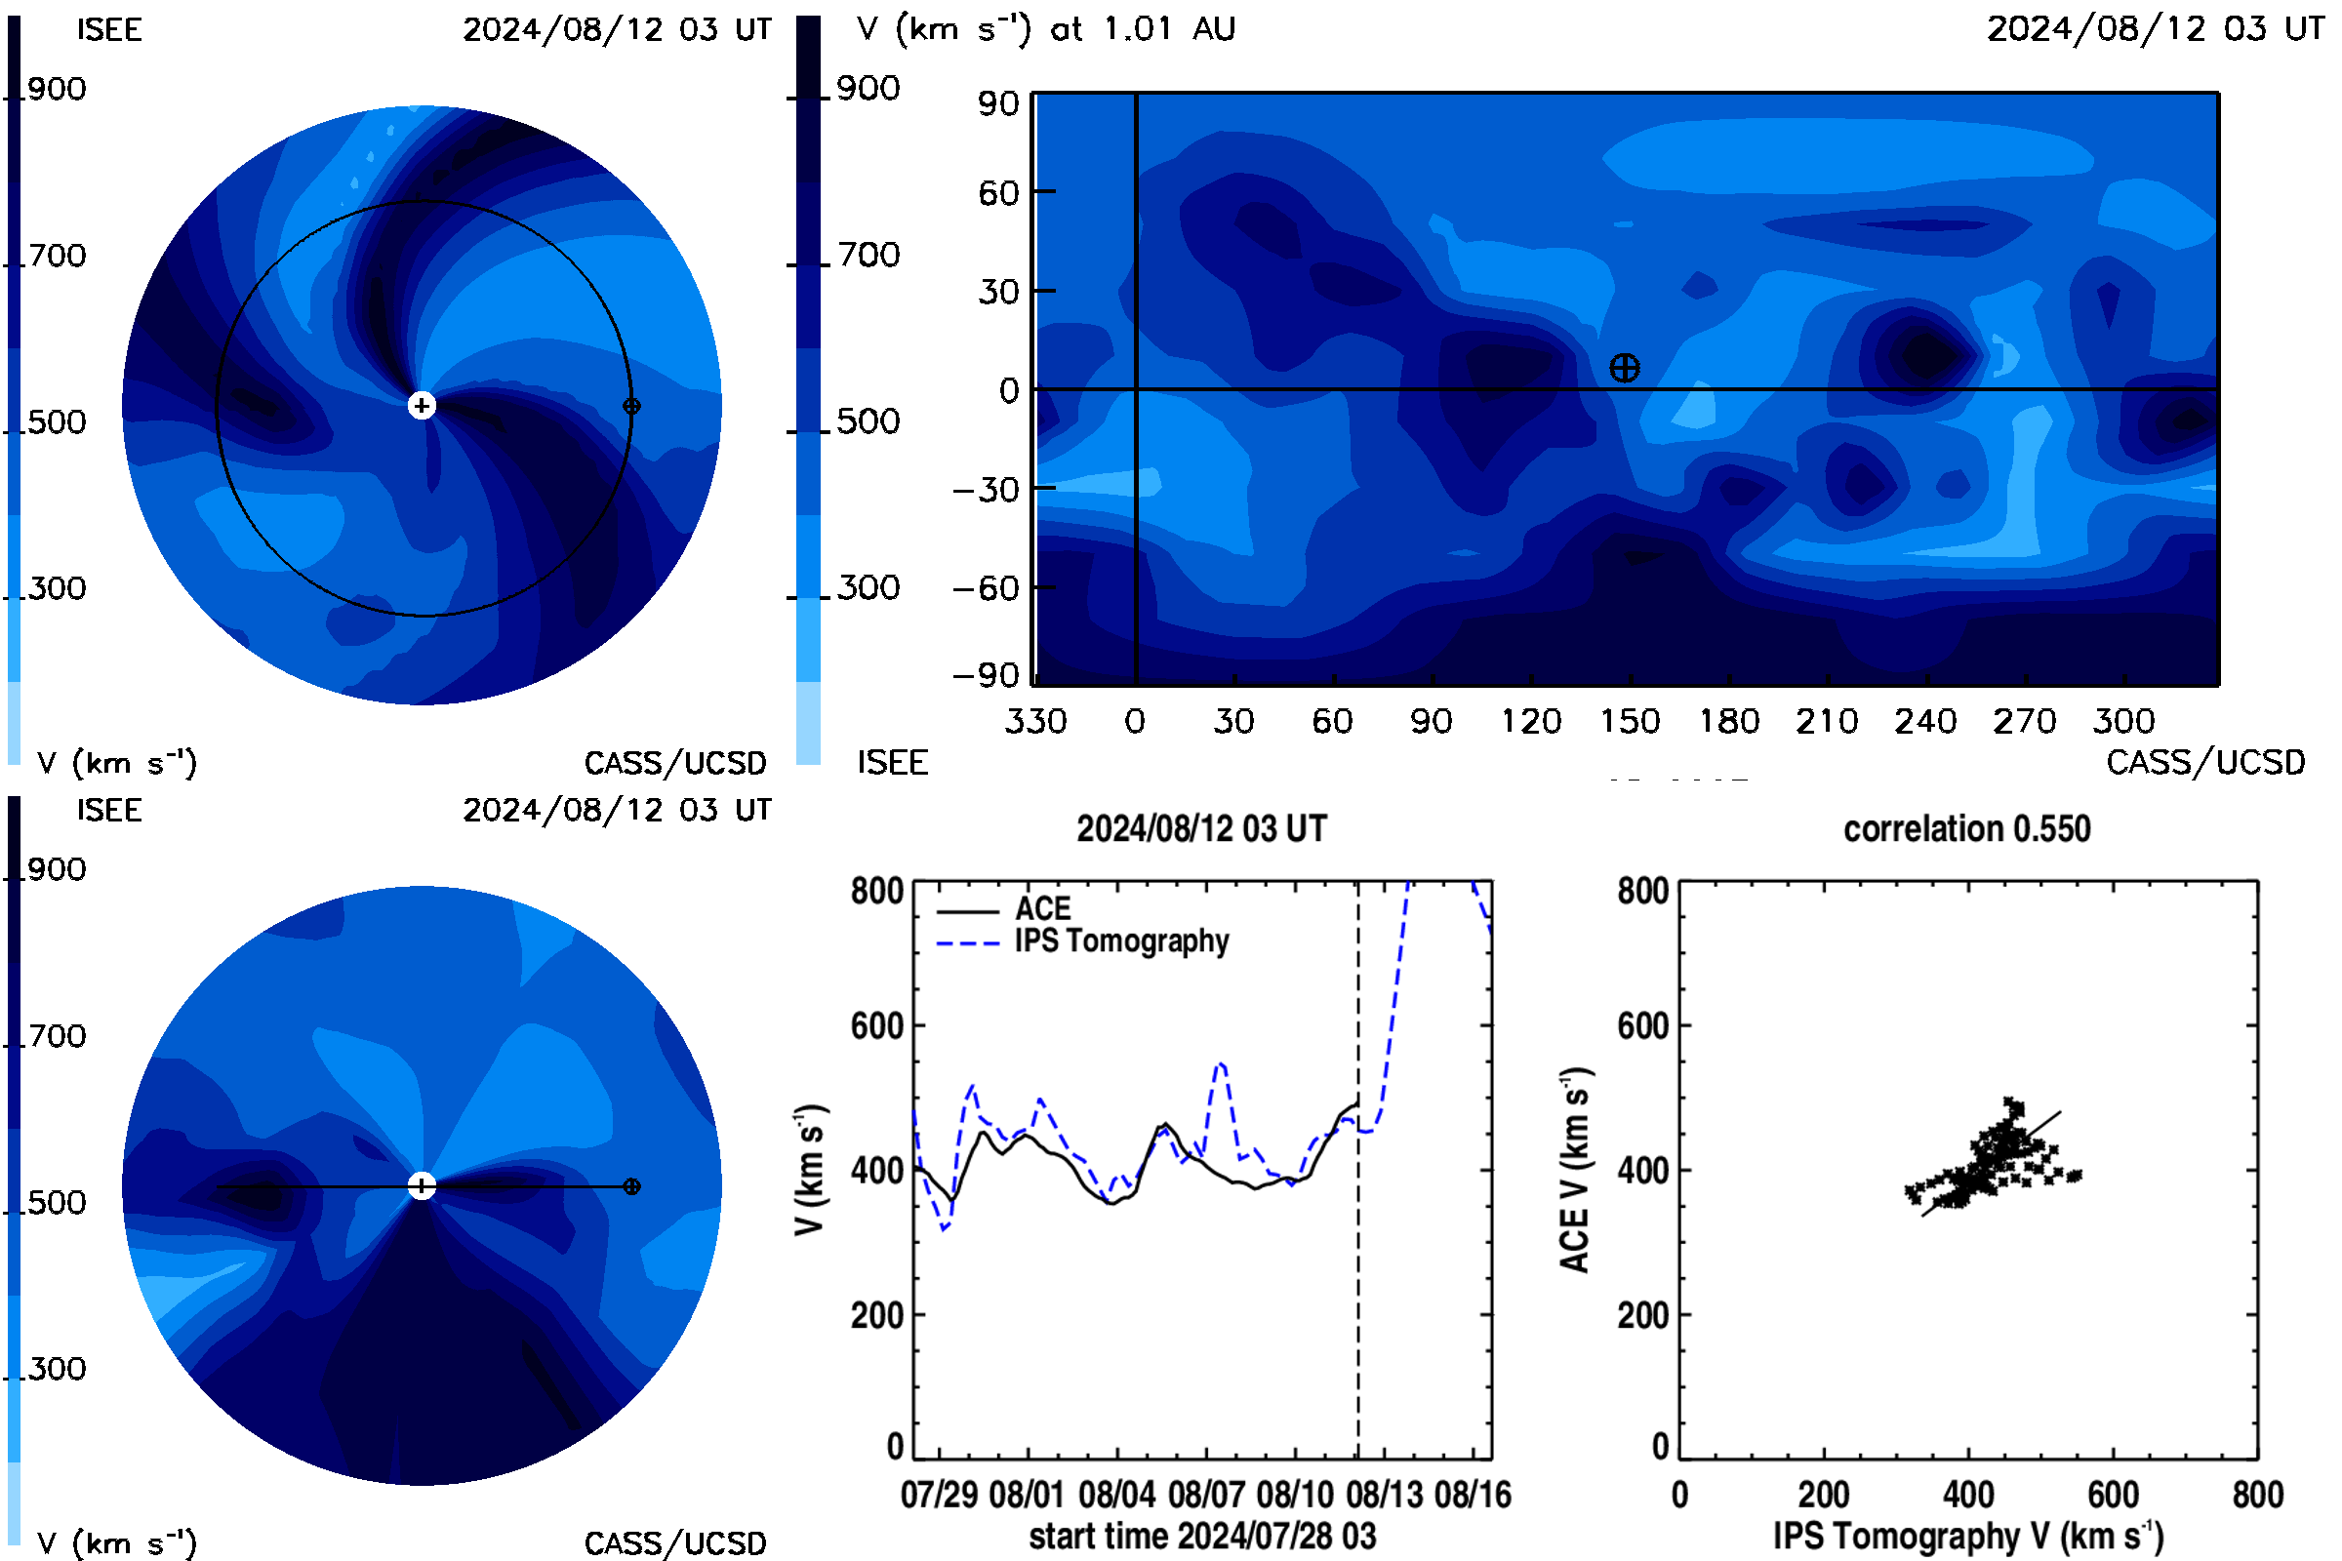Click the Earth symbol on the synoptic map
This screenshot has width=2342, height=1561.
pyautogui.click(x=1624, y=369)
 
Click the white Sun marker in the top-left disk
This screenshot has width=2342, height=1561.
pyautogui.click(x=423, y=405)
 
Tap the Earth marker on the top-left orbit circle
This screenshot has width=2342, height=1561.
pyautogui.click(x=631, y=406)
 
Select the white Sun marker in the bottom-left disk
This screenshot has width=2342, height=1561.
pyautogui.click(x=423, y=1185)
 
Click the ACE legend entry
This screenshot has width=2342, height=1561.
pyautogui.click(x=1004, y=909)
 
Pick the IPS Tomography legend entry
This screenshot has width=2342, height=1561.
pyautogui.click(x=1082, y=941)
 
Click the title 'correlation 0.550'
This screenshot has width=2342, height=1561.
pyautogui.click(x=1966, y=828)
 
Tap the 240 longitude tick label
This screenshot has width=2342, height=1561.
pyautogui.click(x=1925, y=721)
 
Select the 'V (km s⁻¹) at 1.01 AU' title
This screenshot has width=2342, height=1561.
pyautogui.click(x=1045, y=29)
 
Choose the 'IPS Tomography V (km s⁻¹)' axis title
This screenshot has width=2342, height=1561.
pyautogui.click(x=1968, y=1536)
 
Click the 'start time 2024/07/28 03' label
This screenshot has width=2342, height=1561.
pyautogui.click(x=1203, y=1536)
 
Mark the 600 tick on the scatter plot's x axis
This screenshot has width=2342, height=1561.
pyautogui.click(x=2113, y=1495)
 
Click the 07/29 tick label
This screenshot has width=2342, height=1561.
pyautogui.click(x=939, y=1495)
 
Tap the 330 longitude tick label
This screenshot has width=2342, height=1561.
pyautogui.click(x=1035, y=721)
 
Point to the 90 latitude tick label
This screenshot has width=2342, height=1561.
pyautogui.click(x=997, y=103)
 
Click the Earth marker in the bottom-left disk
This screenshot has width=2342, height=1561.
pyautogui.click(x=631, y=1186)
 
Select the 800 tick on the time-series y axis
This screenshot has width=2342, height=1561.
pyautogui.click(x=877, y=890)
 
